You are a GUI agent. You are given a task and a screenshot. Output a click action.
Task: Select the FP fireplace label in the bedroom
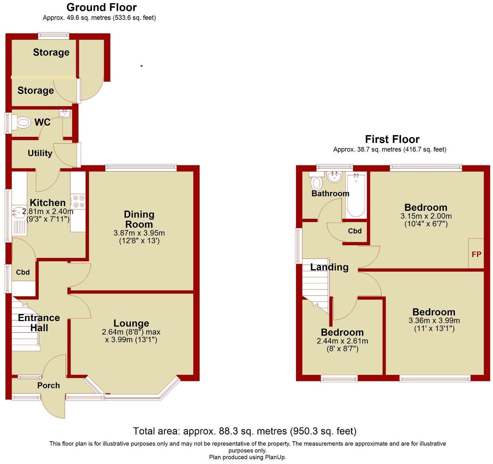(476, 254)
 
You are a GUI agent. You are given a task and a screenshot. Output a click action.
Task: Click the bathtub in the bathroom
(356, 195)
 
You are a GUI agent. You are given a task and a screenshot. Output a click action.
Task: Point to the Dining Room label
(139, 219)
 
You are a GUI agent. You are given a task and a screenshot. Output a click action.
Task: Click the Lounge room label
(131, 323)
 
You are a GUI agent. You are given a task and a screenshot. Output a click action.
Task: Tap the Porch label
(48, 385)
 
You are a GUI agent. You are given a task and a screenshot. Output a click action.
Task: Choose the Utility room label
(40, 153)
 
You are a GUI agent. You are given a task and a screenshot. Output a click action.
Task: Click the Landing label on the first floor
(329, 267)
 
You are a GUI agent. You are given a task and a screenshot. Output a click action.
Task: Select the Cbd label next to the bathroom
(355, 231)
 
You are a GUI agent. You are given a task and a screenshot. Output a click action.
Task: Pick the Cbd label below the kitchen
(23, 272)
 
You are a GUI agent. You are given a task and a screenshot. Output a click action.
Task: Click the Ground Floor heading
(102, 7)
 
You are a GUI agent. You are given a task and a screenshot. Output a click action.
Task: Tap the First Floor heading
(392, 139)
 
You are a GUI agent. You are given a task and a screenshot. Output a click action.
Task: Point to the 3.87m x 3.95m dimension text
(139, 233)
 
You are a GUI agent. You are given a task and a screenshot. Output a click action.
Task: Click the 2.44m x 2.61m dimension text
(342, 341)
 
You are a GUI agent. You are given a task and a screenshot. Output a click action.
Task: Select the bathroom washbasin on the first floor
(335, 176)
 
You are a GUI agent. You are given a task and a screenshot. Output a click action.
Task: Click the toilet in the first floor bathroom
(316, 182)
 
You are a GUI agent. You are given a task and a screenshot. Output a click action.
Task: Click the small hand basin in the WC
(65, 113)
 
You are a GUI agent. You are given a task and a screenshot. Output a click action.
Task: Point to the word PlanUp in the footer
(275, 457)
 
